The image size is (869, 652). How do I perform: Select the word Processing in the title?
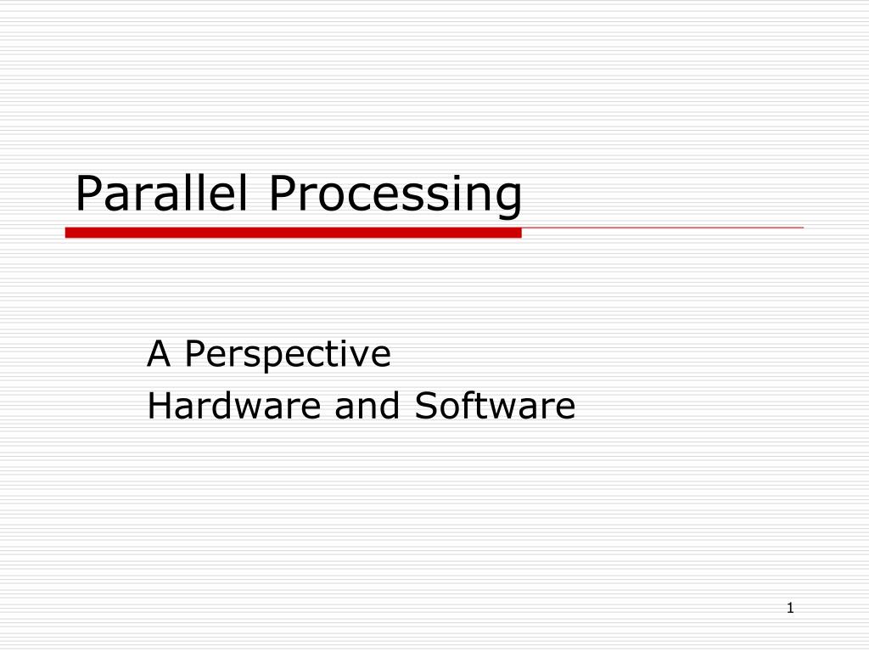pyautogui.click(x=395, y=195)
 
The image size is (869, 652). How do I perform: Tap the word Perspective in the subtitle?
pyautogui.click(x=289, y=355)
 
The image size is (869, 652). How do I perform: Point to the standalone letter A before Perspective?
pyautogui.click(x=158, y=353)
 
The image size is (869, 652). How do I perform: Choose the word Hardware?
pyautogui.click(x=234, y=406)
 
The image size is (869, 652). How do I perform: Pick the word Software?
pyautogui.click(x=495, y=406)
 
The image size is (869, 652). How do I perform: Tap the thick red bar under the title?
pyautogui.click(x=293, y=233)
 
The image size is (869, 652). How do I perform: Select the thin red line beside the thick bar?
pyautogui.click(x=662, y=228)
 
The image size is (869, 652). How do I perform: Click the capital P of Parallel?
pyautogui.click(x=87, y=194)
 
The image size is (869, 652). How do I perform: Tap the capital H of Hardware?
pyautogui.click(x=159, y=406)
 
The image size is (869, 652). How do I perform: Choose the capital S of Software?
pyautogui.click(x=425, y=406)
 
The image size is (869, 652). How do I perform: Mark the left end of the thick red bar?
pyautogui.click(x=68, y=233)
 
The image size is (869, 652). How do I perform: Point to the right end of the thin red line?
pyautogui.click(x=801, y=228)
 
